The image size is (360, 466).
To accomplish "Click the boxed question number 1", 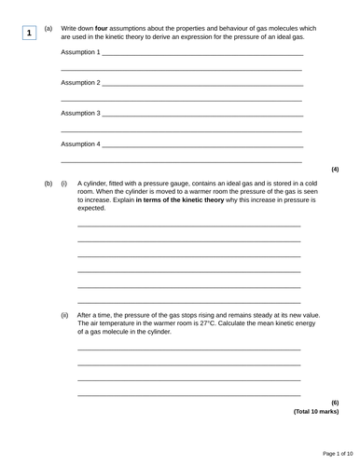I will pos(30,34).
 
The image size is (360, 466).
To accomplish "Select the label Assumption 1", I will pos(80,53).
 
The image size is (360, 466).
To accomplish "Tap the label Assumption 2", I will pos(80,83).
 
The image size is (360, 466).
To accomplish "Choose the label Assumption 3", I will pos(80,114).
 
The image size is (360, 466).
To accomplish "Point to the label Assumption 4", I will pos(80,144).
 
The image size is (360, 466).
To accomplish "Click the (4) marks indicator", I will pos(334,169).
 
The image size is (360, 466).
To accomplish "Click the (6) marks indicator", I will pos(334,403).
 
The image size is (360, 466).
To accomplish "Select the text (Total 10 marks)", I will pos(315,411).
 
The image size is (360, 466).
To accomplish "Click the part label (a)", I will pos(48,29).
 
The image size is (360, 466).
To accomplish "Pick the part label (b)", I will pos(48,184).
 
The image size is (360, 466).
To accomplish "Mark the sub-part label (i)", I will pos(64,184).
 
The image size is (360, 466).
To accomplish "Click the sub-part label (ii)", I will pos(64,315).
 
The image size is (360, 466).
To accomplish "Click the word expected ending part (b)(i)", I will pos(91,208).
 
